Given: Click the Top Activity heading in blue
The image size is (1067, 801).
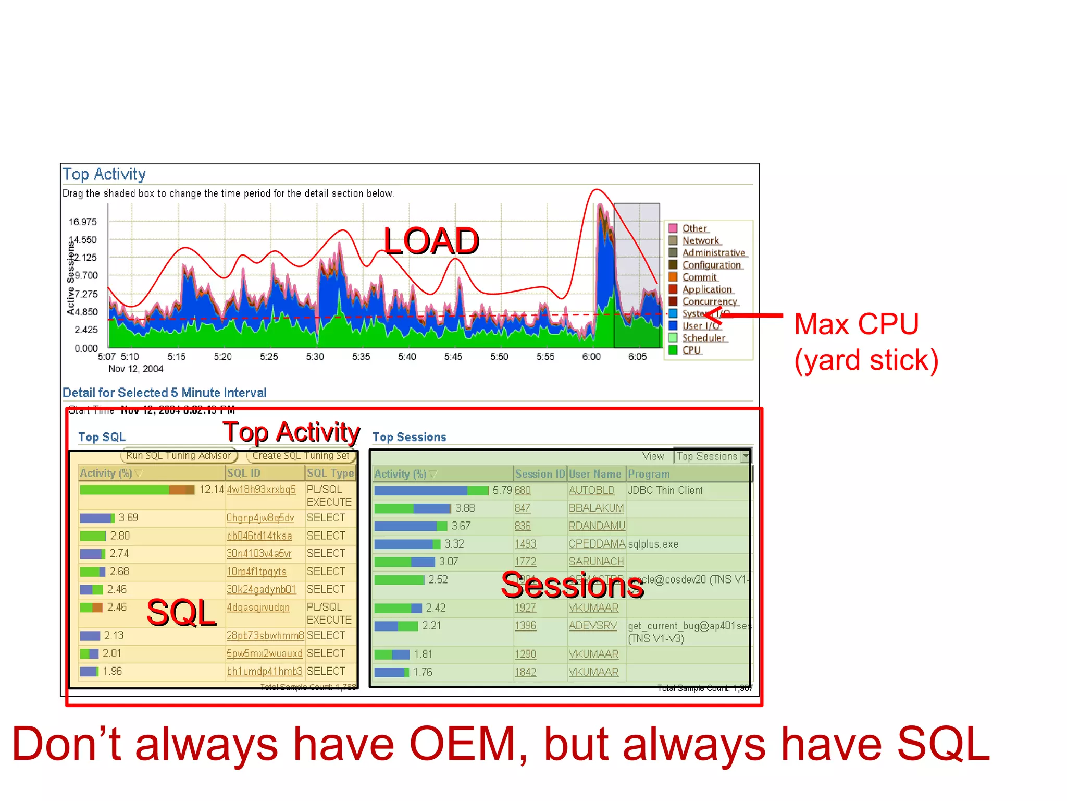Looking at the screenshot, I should tap(104, 174).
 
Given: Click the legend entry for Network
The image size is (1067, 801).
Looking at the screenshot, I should tap(700, 241).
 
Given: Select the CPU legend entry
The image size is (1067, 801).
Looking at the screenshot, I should tap(691, 350).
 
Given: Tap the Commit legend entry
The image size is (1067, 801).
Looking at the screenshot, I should tap(699, 277).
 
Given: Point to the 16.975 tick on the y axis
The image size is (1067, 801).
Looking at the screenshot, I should tap(83, 222).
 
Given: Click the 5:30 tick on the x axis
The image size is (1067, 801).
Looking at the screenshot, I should tap(315, 357).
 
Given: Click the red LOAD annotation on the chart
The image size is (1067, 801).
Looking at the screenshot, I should tap(431, 241).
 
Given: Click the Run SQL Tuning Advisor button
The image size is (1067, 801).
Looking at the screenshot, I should tap(179, 456).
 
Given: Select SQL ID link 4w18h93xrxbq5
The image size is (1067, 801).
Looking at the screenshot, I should tap(261, 490).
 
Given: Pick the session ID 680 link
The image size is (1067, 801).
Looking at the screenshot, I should tap(523, 491).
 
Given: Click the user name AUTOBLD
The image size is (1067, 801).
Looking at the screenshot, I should tap(591, 491).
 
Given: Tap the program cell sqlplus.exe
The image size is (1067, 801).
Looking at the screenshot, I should tap(653, 544).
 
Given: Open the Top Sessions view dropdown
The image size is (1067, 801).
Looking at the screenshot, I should tap(746, 456).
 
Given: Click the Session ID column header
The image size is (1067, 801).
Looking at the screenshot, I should tap(540, 474).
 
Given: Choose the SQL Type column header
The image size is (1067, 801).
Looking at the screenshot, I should tap(330, 474).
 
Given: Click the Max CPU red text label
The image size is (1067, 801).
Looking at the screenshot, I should tap(856, 324).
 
